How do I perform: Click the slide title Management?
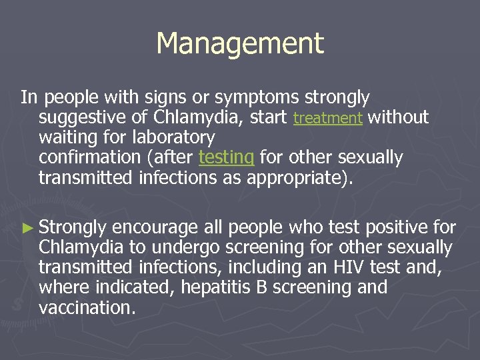(240, 44)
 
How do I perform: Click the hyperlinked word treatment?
(327, 119)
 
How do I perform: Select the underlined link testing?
(227, 158)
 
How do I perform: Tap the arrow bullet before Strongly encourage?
(27, 228)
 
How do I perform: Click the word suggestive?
(79, 118)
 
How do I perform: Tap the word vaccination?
(87, 307)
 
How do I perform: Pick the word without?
(398, 118)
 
